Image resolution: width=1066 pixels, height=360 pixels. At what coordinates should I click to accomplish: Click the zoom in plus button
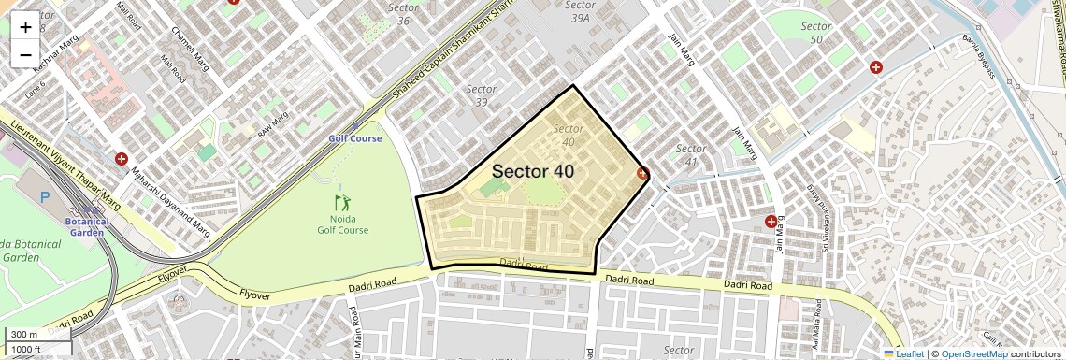point(25,26)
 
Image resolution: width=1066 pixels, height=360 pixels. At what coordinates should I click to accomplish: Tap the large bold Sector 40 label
point(532,171)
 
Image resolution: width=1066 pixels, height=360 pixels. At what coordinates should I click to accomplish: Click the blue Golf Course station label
point(354,138)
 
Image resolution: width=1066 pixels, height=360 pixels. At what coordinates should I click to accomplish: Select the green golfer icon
point(342,202)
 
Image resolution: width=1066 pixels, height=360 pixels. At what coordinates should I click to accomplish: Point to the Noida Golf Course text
point(342,224)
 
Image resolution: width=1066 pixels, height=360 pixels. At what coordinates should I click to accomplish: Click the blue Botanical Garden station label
point(87,227)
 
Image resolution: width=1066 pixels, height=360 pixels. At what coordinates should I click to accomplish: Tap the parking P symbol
point(45,197)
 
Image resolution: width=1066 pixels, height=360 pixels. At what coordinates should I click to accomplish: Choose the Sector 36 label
point(403,14)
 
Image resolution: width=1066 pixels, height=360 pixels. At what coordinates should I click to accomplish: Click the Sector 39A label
point(581,11)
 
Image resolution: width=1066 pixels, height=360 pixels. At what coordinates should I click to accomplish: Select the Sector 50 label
point(816,32)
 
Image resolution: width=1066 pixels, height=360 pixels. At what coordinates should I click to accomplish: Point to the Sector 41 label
point(691,155)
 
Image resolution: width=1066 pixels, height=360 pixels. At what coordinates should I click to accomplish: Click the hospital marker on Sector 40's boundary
point(642,173)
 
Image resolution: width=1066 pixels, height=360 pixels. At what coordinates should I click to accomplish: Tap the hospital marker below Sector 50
point(876,67)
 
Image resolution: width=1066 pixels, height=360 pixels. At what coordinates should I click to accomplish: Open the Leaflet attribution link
point(906,354)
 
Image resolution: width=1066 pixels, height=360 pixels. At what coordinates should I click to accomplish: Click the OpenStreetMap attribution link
point(973,354)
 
